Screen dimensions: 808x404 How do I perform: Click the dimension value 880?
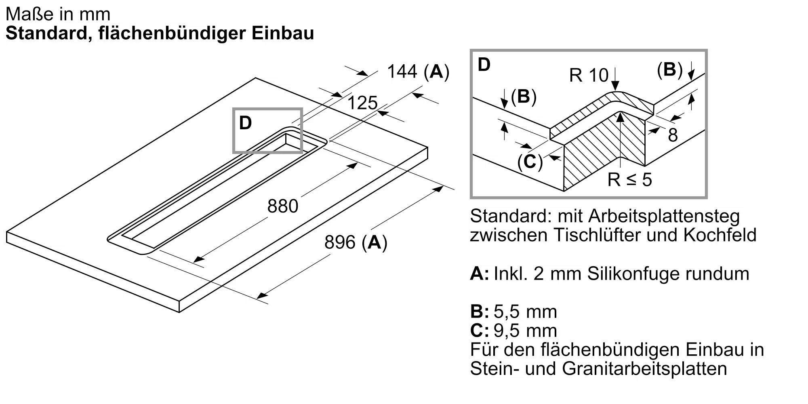tap(283, 206)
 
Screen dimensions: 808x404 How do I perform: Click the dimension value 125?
tap(362, 103)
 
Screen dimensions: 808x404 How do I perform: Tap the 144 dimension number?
tap(402, 72)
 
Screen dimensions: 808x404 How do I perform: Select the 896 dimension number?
tap(340, 242)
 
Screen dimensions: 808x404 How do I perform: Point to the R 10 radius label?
tap(589, 75)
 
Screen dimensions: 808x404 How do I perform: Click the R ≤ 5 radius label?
tap(630, 179)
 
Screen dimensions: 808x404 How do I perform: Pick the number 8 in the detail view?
tap(673, 135)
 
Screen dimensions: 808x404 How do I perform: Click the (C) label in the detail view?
tap(530, 162)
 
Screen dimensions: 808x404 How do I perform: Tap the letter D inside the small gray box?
tap(246, 123)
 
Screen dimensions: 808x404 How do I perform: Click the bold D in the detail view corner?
tap(484, 65)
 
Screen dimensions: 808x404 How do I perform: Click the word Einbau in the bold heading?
tap(283, 33)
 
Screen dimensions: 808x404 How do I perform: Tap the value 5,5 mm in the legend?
tap(525, 311)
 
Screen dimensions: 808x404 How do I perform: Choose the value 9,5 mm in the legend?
tap(525, 330)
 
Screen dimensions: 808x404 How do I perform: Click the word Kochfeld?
tap(720, 235)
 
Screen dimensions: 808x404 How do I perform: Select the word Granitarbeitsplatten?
tap(644, 368)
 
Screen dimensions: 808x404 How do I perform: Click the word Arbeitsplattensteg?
tap(664, 216)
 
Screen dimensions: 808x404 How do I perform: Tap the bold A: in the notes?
tap(480, 274)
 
